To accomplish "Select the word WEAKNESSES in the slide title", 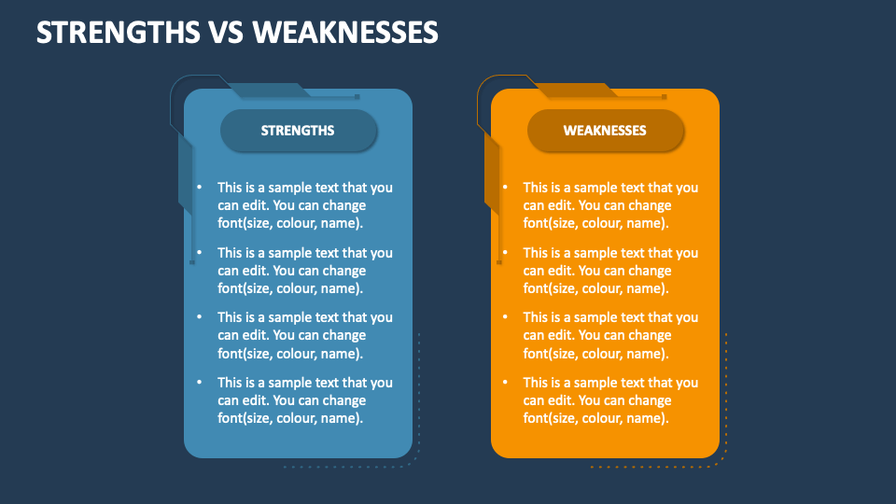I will pyautogui.click(x=345, y=33).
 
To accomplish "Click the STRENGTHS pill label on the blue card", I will pyautogui.click(x=299, y=131).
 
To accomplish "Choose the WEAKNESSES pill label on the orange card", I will pyautogui.click(x=605, y=131).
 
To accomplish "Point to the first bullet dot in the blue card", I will pyautogui.click(x=198, y=187).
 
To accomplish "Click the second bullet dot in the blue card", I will pyautogui.click(x=198, y=252).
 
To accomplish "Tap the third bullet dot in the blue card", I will pyautogui.click(x=198, y=316).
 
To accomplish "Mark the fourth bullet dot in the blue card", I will pyautogui.click(x=198, y=382).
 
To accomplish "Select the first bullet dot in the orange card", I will pyautogui.click(x=504, y=187).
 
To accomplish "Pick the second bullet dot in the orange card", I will pyautogui.click(x=504, y=252).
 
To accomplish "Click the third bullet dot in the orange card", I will pyautogui.click(x=504, y=316).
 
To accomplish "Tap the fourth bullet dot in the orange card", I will pyautogui.click(x=504, y=382).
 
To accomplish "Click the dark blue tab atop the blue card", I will pyautogui.click(x=271, y=91).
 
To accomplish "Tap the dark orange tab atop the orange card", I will pyautogui.click(x=577, y=91).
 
